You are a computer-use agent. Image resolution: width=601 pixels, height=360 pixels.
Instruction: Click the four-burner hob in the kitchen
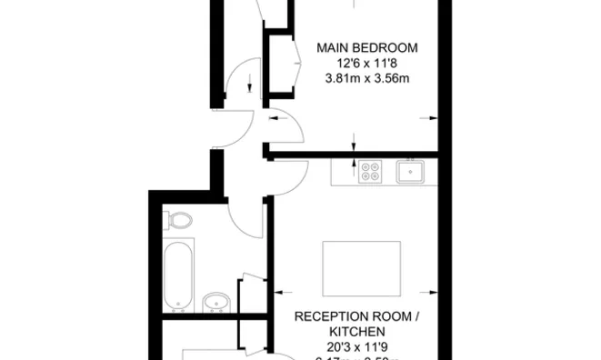[x=370, y=171]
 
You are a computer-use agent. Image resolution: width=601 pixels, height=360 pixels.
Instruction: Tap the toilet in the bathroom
[x=179, y=221]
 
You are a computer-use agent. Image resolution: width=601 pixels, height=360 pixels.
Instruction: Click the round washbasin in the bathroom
[x=215, y=301]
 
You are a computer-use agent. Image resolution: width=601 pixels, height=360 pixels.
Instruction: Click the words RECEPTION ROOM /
[x=356, y=317]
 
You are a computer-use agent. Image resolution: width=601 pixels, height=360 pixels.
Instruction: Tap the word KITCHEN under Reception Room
[x=356, y=332]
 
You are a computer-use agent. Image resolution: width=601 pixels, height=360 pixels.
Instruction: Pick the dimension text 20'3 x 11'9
[x=356, y=346]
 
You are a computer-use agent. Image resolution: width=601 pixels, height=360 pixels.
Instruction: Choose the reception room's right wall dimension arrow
[x=430, y=292]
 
